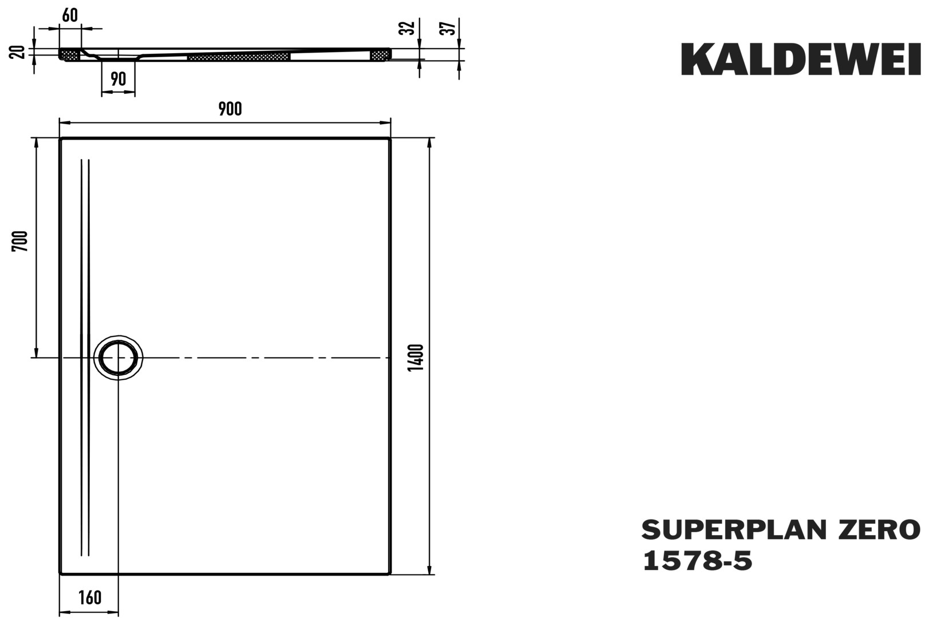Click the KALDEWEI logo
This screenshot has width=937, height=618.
tap(801, 60)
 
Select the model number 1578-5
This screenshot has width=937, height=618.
tap(697, 561)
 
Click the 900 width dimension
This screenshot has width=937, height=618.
tap(230, 109)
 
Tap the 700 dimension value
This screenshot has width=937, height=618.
tap(21, 241)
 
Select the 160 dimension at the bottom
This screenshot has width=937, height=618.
tap(90, 597)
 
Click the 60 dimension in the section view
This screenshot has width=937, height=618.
tap(70, 15)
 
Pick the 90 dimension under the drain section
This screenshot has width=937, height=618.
tap(118, 79)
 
